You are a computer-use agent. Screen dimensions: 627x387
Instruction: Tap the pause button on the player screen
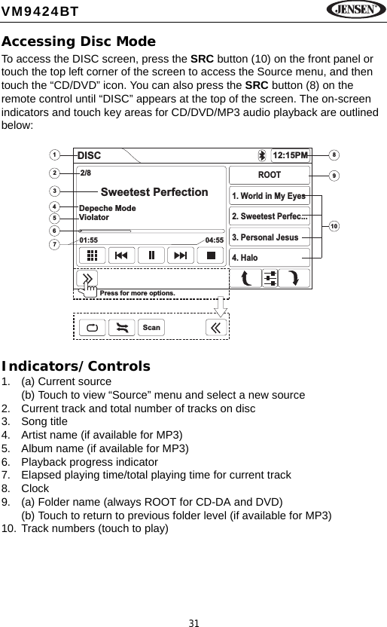[151, 255]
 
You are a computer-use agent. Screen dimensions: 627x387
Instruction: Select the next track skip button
[181, 255]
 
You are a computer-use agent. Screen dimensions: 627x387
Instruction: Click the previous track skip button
[122, 255]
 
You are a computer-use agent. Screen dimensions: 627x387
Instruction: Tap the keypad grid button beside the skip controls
[92, 255]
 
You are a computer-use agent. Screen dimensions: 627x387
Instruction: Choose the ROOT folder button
[269, 175]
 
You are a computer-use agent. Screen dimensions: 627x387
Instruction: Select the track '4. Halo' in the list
[269, 258]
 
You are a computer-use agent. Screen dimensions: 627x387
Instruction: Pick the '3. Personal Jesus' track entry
[269, 237]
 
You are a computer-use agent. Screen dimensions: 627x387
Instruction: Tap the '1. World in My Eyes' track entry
[269, 196]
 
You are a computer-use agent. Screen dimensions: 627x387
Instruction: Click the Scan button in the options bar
[151, 328]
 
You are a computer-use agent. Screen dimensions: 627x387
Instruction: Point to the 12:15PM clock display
[291, 155]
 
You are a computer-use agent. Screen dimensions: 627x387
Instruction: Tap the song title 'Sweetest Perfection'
[154, 192]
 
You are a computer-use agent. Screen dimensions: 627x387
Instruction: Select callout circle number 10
[334, 225]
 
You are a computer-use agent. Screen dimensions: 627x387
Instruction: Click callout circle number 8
[334, 155]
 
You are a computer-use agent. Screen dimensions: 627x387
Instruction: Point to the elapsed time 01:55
[89, 240]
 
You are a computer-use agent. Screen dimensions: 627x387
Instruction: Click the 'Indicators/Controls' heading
[75, 367]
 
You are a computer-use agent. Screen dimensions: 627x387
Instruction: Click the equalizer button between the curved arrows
[270, 278]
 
